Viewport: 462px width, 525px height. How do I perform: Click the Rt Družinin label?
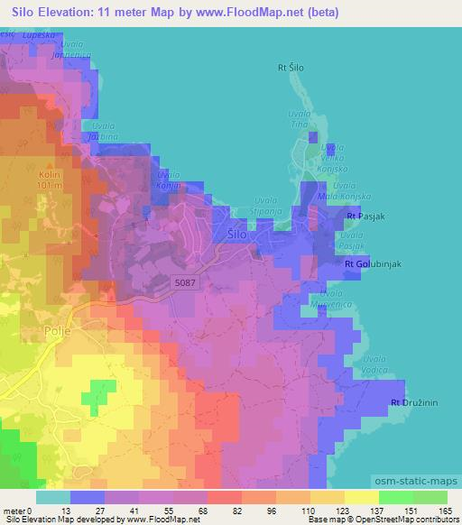click(x=414, y=401)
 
